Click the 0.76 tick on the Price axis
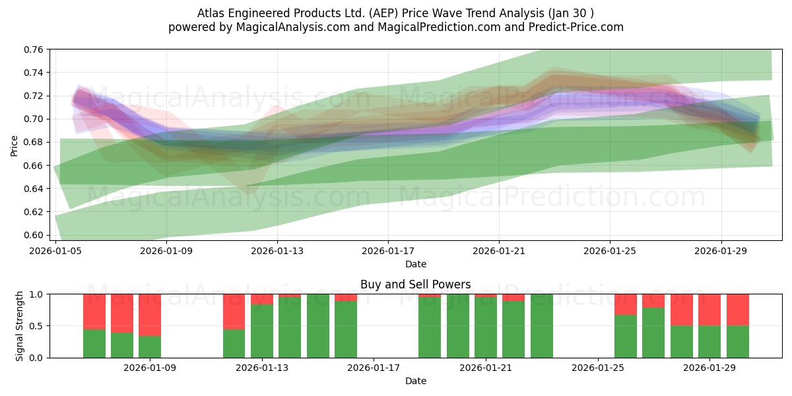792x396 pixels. tap(33, 49)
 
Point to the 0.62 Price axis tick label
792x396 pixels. tap(33, 212)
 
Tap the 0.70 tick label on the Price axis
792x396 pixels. tap(33, 119)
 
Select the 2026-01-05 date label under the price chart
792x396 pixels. tap(55, 251)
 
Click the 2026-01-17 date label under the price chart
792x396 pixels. tap(388, 251)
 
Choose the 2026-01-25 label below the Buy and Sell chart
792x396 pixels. tap(598, 368)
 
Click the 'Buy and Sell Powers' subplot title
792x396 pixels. tap(415, 284)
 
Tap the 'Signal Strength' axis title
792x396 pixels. tap(19, 326)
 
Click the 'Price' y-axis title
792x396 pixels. tap(14, 146)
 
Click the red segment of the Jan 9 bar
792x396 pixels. tap(150, 315)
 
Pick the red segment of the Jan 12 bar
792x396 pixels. tap(234, 312)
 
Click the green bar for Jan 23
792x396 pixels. tap(541, 326)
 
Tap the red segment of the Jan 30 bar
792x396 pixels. tap(738, 310)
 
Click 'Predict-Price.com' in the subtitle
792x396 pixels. tap(576, 27)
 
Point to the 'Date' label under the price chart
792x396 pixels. tap(415, 264)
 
